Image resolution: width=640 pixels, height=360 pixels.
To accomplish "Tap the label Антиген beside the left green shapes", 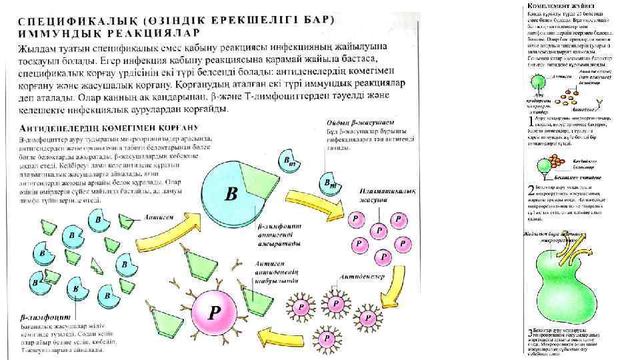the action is (x=161, y=217).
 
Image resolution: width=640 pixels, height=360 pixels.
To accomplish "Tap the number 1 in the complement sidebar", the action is (x=529, y=121).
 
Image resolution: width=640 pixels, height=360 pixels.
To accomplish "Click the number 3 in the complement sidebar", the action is (x=529, y=333).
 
